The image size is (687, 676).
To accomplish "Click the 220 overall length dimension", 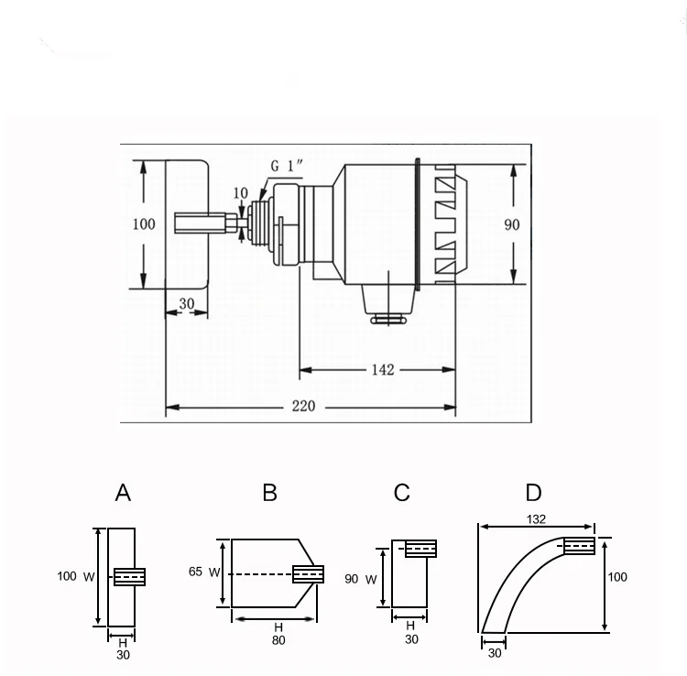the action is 303,406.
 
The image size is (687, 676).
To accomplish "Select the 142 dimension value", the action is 383,370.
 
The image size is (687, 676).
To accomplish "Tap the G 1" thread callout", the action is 287,166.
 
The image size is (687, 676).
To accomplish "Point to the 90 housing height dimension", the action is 512,224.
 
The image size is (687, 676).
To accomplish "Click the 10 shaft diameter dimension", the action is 241,192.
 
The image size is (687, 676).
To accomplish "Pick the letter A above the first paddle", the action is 123,493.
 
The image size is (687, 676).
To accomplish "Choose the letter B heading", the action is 270,493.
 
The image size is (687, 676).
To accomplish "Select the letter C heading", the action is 402,493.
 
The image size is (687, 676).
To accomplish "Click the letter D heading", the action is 534,493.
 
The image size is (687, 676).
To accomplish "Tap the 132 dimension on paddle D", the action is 536,519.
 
